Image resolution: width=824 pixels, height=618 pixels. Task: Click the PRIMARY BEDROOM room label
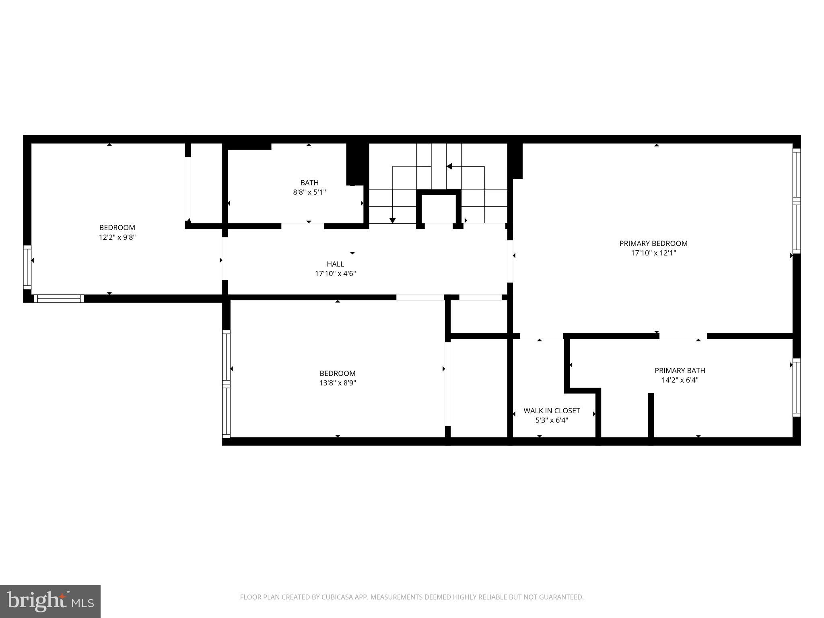point(653,243)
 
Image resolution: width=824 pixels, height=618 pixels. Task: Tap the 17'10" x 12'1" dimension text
point(653,253)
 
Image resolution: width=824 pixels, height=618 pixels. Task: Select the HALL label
point(335,264)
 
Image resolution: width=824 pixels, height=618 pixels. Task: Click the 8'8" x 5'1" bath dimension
point(309,192)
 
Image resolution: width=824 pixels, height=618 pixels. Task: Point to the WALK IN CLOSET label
point(551,411)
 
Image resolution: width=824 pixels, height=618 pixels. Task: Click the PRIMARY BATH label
point(680,371)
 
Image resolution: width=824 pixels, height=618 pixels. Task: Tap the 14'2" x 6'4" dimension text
point(680,380)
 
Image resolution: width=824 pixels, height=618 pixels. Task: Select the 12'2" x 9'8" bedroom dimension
point(117,237)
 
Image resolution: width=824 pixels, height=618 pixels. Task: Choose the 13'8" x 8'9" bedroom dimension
point(338,383)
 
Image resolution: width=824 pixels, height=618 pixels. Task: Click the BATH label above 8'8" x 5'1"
point(309,183)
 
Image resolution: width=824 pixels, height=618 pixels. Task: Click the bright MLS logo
point(50,601)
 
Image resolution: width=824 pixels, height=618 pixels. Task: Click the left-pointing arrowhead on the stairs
point(449,166)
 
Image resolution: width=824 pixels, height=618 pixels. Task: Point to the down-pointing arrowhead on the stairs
point(393,220)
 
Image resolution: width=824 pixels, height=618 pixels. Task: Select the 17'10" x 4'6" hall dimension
point(335,274)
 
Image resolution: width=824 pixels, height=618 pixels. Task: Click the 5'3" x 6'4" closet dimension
point(551,420)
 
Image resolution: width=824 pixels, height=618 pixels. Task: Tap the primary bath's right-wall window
point(796,387)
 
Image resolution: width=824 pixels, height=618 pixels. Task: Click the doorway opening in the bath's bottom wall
point(303,226)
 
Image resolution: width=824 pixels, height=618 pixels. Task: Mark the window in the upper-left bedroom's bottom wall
point(59,299)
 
